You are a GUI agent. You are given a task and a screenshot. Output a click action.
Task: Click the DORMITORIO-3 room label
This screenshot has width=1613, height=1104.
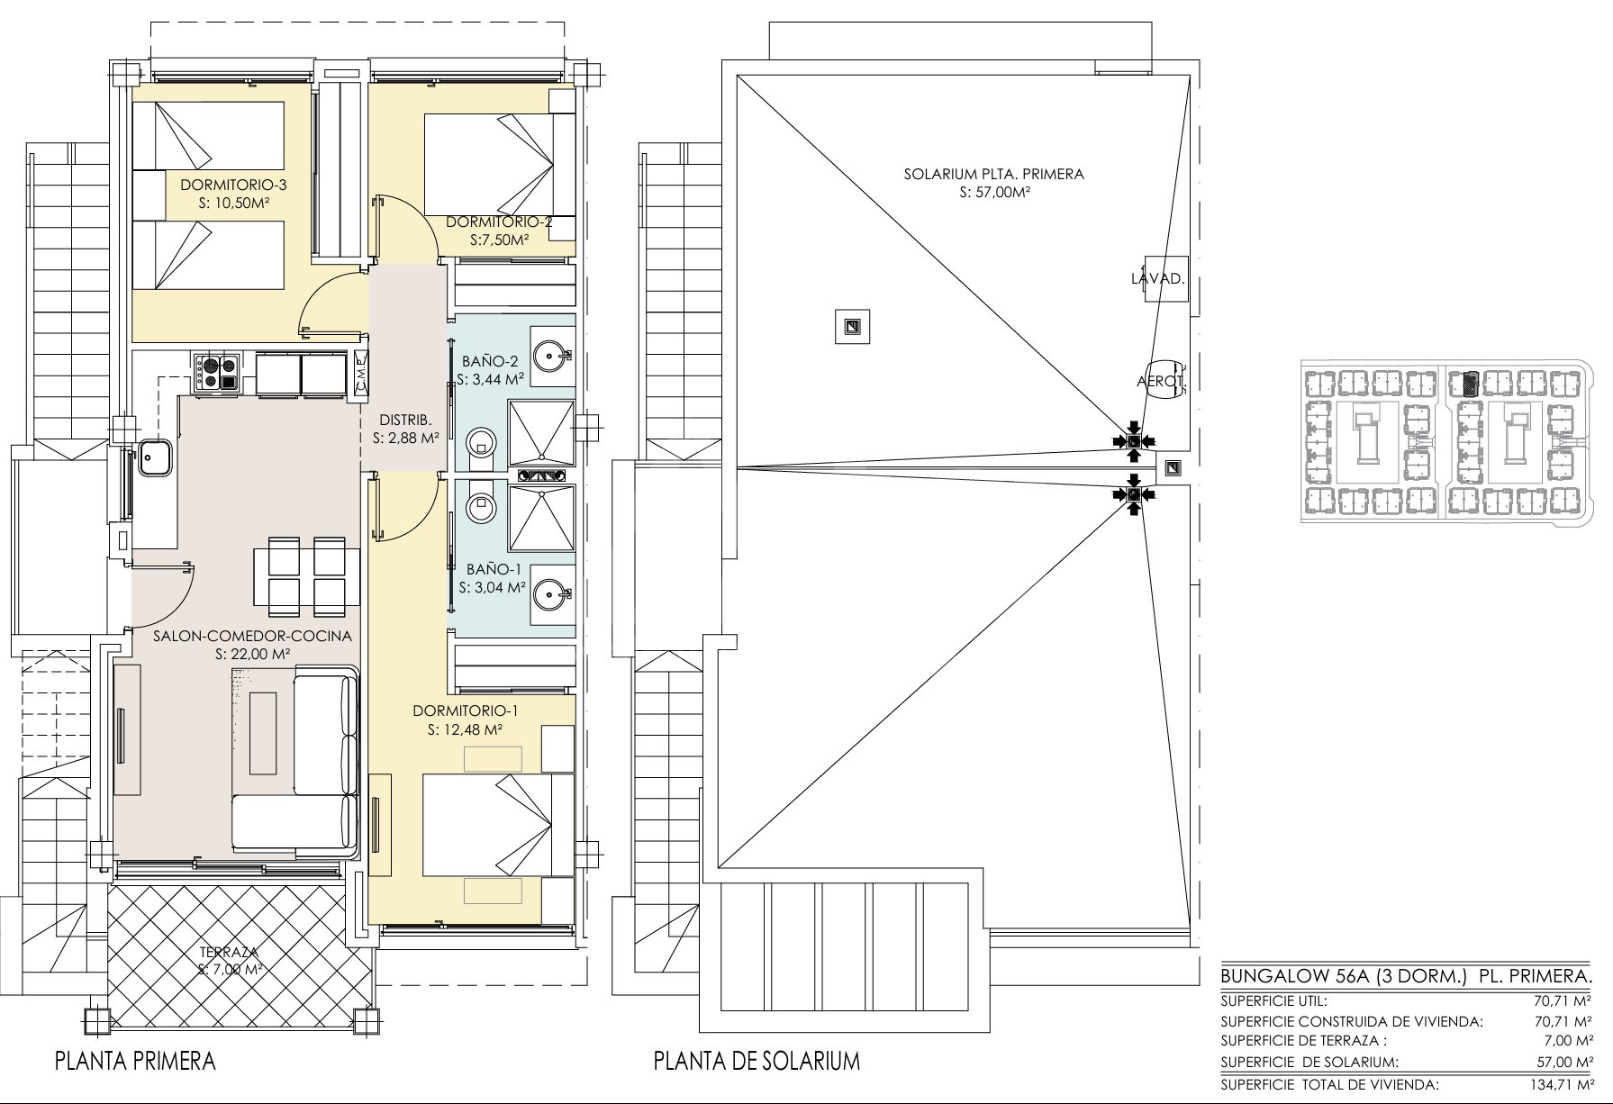[233, 185]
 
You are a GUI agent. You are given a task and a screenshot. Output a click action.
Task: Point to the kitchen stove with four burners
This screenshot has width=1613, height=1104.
[216, 373]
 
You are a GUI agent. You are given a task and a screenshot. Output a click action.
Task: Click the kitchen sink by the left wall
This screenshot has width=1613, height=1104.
[156, 458]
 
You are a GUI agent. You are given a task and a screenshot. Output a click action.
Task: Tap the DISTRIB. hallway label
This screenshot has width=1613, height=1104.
[405, 420]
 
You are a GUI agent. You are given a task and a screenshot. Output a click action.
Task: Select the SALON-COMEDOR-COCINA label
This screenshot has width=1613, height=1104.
[252, 636]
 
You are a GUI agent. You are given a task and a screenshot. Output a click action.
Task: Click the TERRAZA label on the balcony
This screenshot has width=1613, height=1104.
[230, 952]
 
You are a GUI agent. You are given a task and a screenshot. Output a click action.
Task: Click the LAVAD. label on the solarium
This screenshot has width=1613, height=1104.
[1157, 279]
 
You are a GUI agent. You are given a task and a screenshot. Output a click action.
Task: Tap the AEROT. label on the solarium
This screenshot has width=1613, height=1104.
[1160, 381]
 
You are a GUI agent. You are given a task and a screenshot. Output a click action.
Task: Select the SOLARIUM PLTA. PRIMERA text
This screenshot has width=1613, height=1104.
[994, 174]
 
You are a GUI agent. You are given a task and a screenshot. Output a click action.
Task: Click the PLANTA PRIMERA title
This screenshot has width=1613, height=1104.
[135, 1060]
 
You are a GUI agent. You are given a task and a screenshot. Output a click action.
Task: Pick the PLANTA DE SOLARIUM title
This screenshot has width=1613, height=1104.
[757, 1061]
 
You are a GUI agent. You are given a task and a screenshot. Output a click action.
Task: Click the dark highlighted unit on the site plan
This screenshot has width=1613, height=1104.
[1469, 385]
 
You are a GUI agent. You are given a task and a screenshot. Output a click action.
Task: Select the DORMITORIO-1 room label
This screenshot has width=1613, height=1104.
[466, 711]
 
